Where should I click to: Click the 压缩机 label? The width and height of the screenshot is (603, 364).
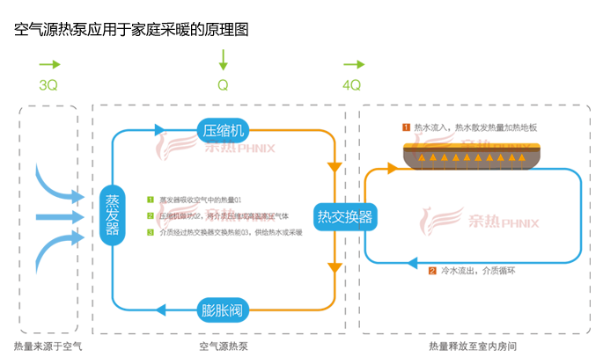pyautogui.click(x=222, y=130)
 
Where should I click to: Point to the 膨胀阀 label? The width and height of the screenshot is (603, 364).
pyautogui.click(x=222, y=309)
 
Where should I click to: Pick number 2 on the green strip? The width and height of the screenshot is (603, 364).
pyautogui.click(x=151, y=215)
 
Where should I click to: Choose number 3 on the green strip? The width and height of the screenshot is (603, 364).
pyautogui.click(x=151, y=232)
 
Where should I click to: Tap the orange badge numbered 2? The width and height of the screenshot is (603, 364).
pyautogui.click(x=432, y=271)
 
